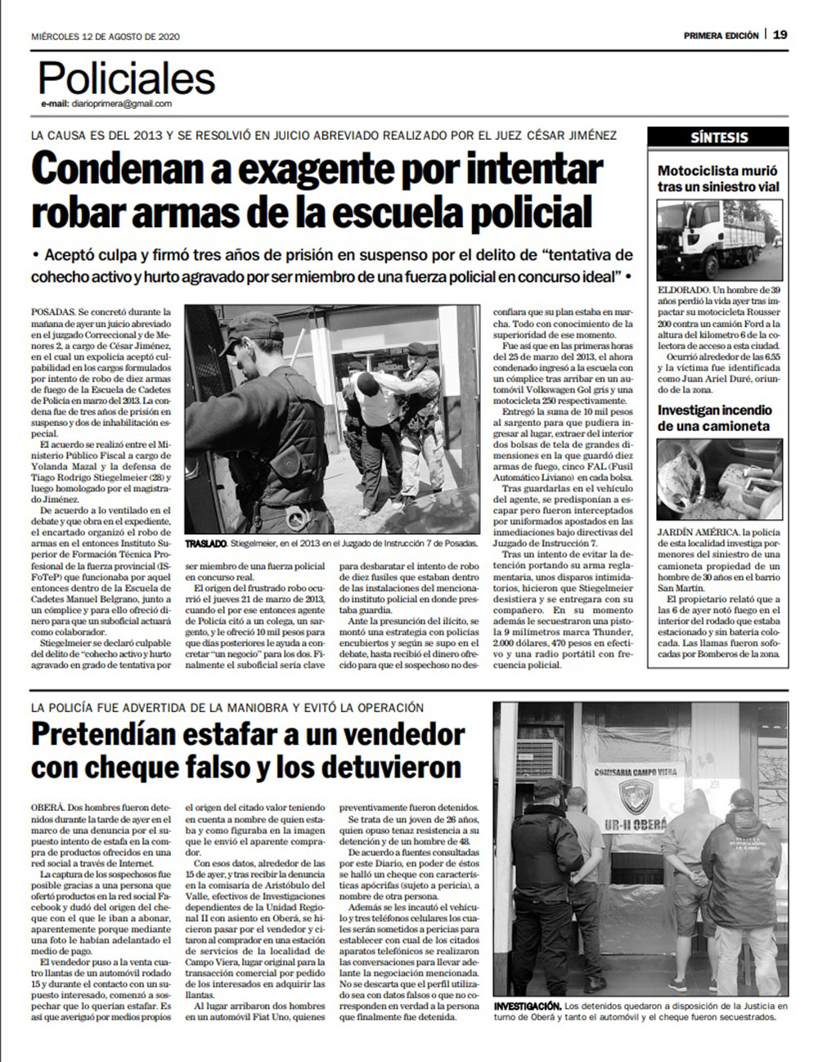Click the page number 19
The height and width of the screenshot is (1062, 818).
point(780,34)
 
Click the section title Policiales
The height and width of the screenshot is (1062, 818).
point(127,79)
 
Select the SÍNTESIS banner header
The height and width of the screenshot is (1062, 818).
point(718,137)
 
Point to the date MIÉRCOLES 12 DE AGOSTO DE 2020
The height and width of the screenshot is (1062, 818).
point(106,37)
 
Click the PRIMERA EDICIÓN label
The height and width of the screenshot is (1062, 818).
point(721,36)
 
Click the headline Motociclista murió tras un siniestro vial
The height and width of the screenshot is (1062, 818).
point(718,179)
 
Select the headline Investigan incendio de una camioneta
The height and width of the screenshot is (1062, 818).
point(714,418)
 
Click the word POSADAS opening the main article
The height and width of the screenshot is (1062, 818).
point(53,312)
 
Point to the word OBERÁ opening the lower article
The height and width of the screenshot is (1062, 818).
point(47,807)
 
